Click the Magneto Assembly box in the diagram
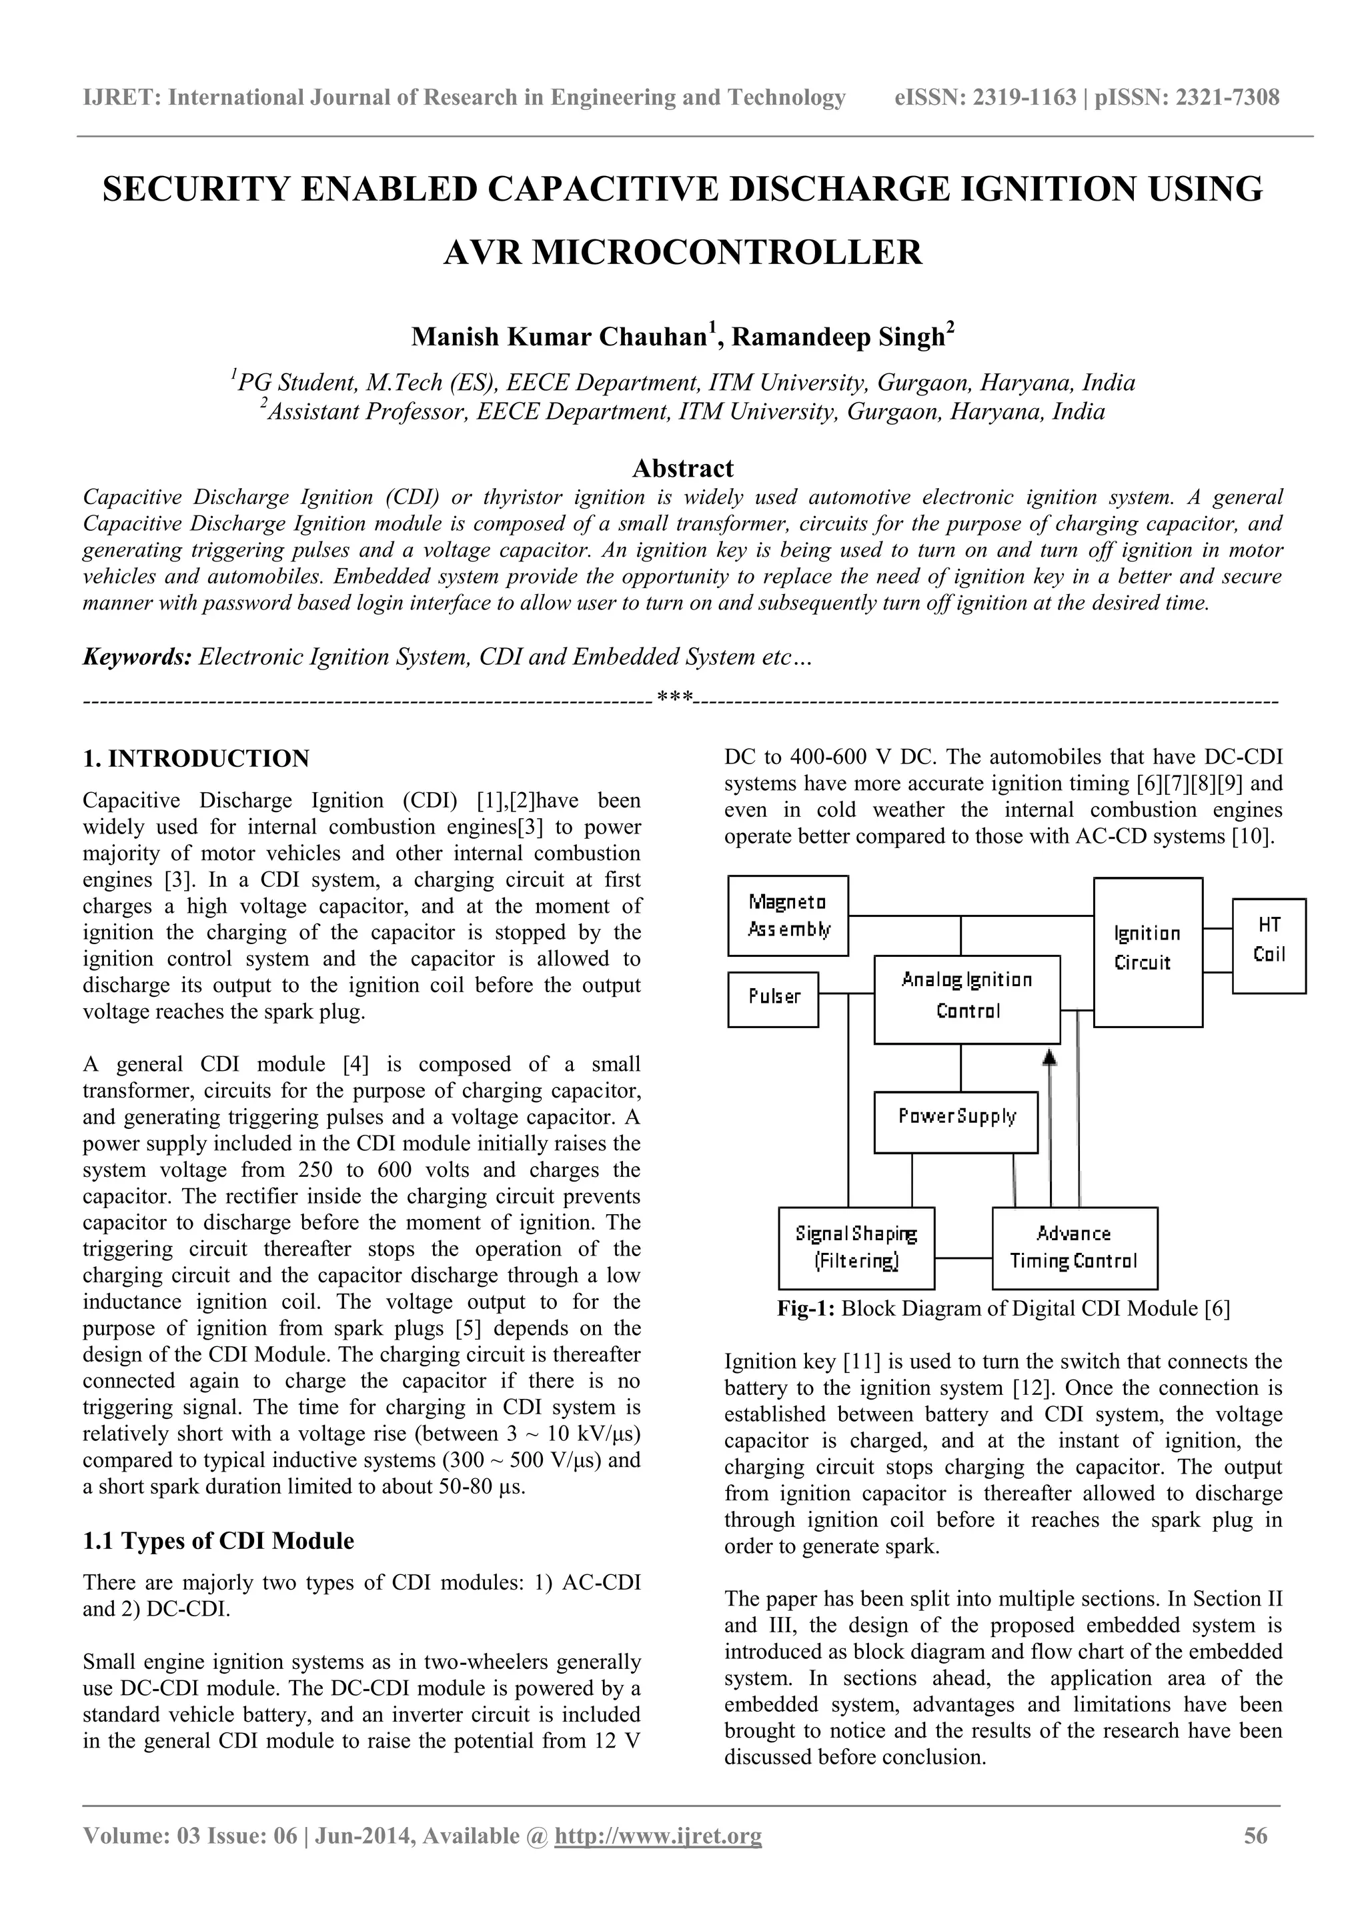(x=787, y=916)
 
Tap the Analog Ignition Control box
(x=966, y=998)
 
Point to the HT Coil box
(x=1269, y=945)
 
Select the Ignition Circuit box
(x=1147, y=951)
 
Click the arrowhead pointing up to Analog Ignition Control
(x=1049, y=1057)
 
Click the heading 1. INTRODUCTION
(x=196, y=759)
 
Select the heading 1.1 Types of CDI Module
(x=219, y=1541)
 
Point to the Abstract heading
(x=682, y=467)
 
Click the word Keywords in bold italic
(x=137, y=656)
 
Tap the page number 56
(x=1255, y=1859)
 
